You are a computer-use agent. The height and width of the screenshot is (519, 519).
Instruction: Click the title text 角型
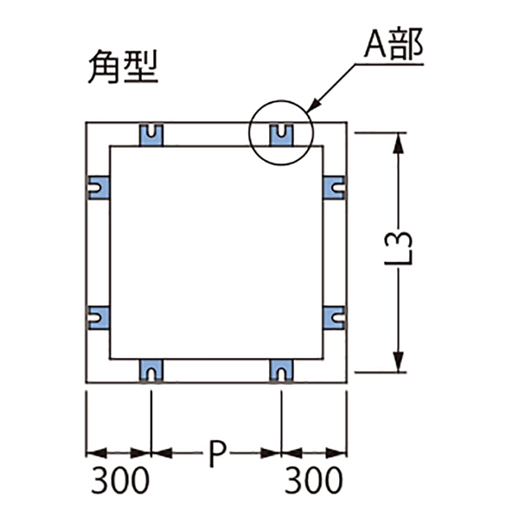tap(123, 67)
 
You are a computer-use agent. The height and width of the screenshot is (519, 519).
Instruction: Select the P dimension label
tap(218, 452)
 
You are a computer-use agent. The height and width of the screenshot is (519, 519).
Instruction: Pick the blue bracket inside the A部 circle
tap(280, 134)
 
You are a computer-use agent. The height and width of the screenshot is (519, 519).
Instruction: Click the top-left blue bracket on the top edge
tap(152, 134)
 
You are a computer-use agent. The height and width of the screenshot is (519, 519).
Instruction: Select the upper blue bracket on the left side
tap(97, 186)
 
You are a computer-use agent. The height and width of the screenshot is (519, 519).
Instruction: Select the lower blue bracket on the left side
tap(97, 317)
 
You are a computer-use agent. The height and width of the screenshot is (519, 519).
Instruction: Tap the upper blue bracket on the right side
tap(335, 186)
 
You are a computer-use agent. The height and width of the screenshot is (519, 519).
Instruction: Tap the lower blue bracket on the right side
tap(335, 317)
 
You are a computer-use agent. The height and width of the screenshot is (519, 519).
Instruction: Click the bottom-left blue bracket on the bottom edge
tap(152, 370)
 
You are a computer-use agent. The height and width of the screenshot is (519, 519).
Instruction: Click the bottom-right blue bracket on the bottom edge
tap(280, 370)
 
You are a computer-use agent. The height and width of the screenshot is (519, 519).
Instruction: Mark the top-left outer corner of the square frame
tap(86, 124)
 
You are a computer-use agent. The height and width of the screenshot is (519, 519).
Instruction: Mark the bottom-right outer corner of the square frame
tap(347, 381)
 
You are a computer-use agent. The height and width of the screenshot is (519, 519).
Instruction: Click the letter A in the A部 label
tap(375, 44)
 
